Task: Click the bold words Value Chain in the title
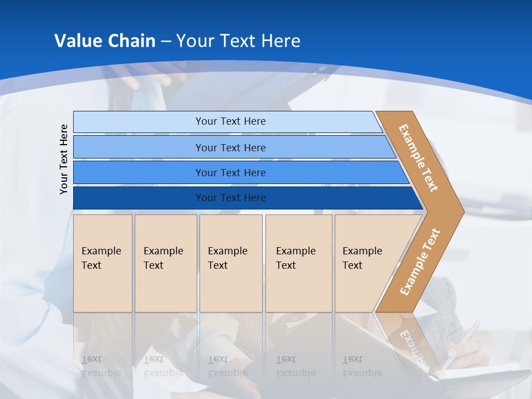pos(105,41)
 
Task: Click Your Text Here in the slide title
pos(238,41)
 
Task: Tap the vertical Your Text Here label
pos(64,159)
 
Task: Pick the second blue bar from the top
pos(139,147)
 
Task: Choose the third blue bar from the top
pos(139,172)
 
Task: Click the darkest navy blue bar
pos(139,198)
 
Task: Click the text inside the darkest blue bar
pos(231,198)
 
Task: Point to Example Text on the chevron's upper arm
pos(418,158)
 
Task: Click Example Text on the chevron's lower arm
pos(420,262)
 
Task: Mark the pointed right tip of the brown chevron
pos(462,211)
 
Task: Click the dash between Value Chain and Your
pos(166,42)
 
